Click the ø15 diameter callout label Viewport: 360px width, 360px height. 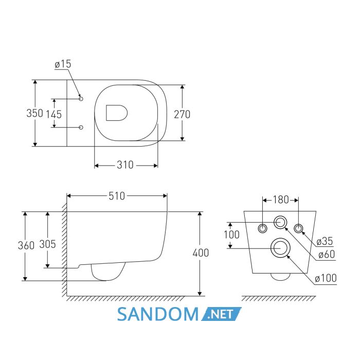point(63,64)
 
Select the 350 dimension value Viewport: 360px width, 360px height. point(34,113)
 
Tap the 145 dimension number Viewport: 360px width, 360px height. point(54,114)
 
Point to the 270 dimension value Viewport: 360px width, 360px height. point(182,114)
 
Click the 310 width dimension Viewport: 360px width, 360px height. point(125,165)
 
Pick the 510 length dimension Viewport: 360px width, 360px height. point(117,196)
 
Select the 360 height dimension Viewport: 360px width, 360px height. point(26,245)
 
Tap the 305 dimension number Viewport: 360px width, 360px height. point(47,244)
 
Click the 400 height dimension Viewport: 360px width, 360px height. point(201,253)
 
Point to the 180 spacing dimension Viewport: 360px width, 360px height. point(281,200)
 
